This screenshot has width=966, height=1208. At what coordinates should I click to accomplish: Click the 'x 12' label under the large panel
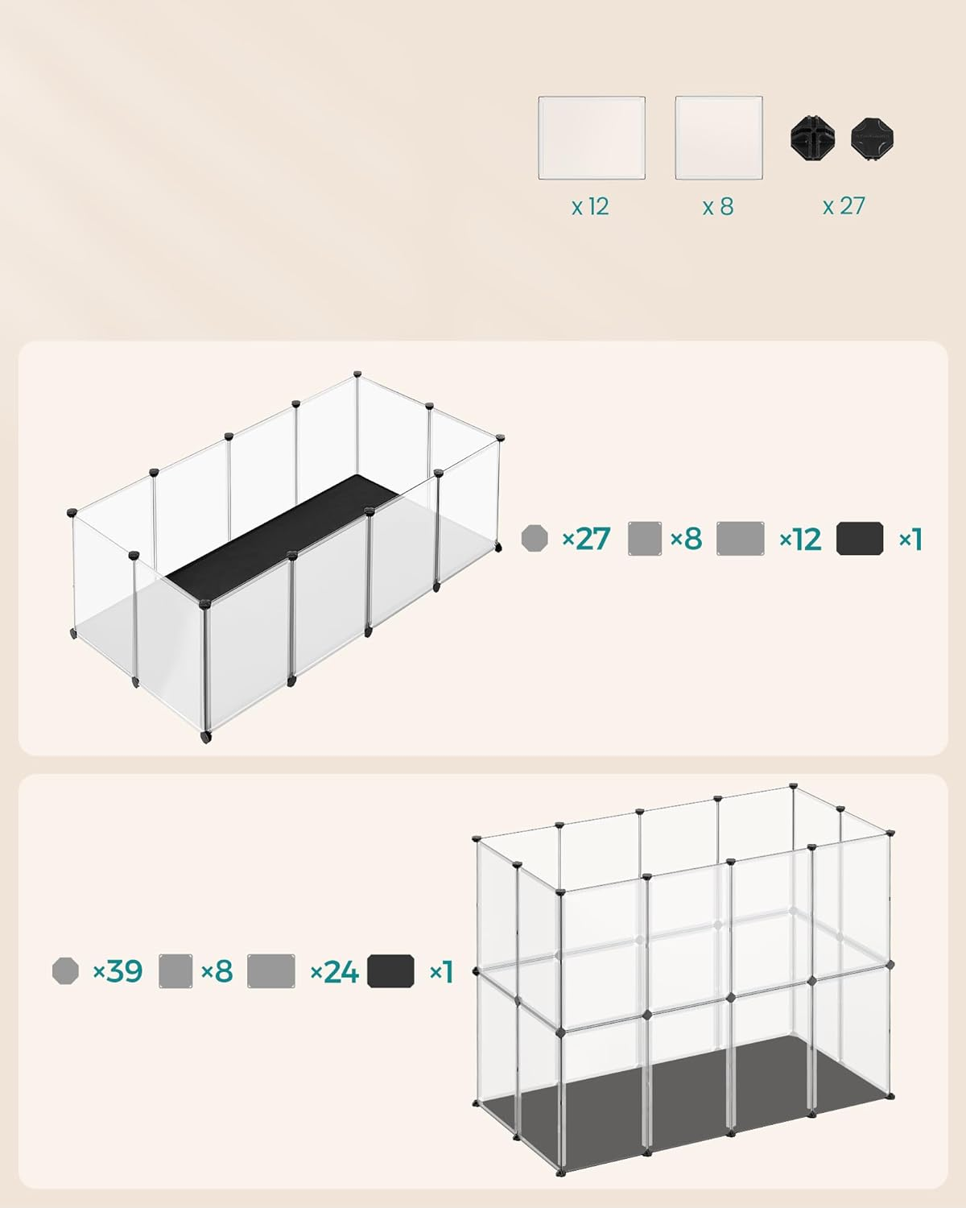coord(590,207)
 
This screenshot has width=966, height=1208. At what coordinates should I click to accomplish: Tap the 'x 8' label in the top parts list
coord(718,207)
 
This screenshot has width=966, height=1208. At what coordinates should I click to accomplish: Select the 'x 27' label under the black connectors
coord(844,206)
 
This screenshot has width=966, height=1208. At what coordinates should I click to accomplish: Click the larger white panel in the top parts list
coord(592,138)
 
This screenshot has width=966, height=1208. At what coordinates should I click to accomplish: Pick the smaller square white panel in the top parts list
coord(719,138)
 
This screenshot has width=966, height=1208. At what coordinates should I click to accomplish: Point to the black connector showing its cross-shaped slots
coord(813,139)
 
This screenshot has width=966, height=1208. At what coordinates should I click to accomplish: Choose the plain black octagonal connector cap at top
coord(873,139)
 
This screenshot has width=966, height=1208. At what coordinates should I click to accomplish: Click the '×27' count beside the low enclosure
coord(586,539)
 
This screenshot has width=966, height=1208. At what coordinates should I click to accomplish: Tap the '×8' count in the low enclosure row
coord(686,539)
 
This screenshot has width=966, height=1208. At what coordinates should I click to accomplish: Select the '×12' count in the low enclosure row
coord(800,539)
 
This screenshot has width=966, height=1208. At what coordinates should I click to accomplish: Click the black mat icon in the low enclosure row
coord(860,539)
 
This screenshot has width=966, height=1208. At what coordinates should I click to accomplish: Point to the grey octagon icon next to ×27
coord(535,538)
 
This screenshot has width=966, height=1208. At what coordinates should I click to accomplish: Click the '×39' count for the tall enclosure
coord(118,971)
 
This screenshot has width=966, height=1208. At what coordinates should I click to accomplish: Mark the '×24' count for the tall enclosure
coord(334,972)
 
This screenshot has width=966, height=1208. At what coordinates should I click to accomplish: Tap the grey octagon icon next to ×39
coord(65,971)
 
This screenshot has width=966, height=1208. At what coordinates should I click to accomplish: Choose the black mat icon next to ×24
coord(390,971)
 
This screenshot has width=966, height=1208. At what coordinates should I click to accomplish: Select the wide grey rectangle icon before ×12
coord(740,539)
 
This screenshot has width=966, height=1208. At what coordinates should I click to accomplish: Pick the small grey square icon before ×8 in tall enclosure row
coord(175,971)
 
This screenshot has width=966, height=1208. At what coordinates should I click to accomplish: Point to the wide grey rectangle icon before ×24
coord(271,971)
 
